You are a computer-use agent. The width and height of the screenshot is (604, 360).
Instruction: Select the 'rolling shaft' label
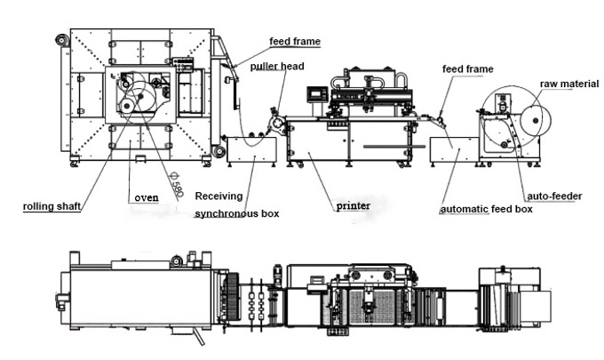point(52,206)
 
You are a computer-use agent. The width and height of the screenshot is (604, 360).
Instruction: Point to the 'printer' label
point(353,206)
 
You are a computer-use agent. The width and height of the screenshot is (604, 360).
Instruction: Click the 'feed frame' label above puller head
point(295,41)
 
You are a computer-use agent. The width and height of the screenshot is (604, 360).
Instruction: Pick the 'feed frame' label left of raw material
point(467,68)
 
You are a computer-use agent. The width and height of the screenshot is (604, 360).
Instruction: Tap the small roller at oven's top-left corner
point(60,40)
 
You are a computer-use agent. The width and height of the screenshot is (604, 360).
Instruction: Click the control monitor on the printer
point(315,94)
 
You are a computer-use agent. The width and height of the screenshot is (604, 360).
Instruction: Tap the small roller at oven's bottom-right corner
point(219,152)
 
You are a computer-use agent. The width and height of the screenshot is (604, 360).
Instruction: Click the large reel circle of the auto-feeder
point(503,120)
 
